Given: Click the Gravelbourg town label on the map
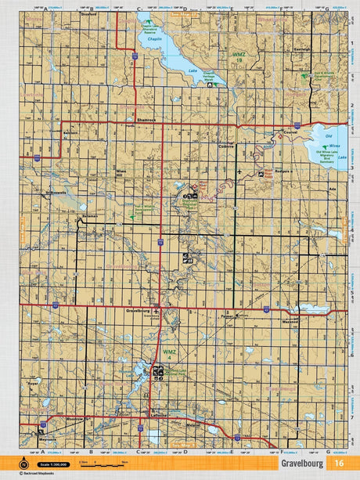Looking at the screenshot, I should (x=137, y=311).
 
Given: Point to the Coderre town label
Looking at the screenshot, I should (x=228, y=146).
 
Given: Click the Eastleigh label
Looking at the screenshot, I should (x=302, y=49).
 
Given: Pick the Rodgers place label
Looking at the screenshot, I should (x=285, y=172).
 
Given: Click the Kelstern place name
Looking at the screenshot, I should (x=72, y=133).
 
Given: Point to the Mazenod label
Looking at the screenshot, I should (x=290, y=321).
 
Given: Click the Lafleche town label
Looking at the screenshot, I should (x=160, y=414).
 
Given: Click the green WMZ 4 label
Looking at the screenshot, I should (x=169, y=355).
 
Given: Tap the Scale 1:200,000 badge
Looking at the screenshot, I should (x=56, y=468).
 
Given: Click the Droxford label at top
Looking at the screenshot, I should (x=88, y=13).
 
